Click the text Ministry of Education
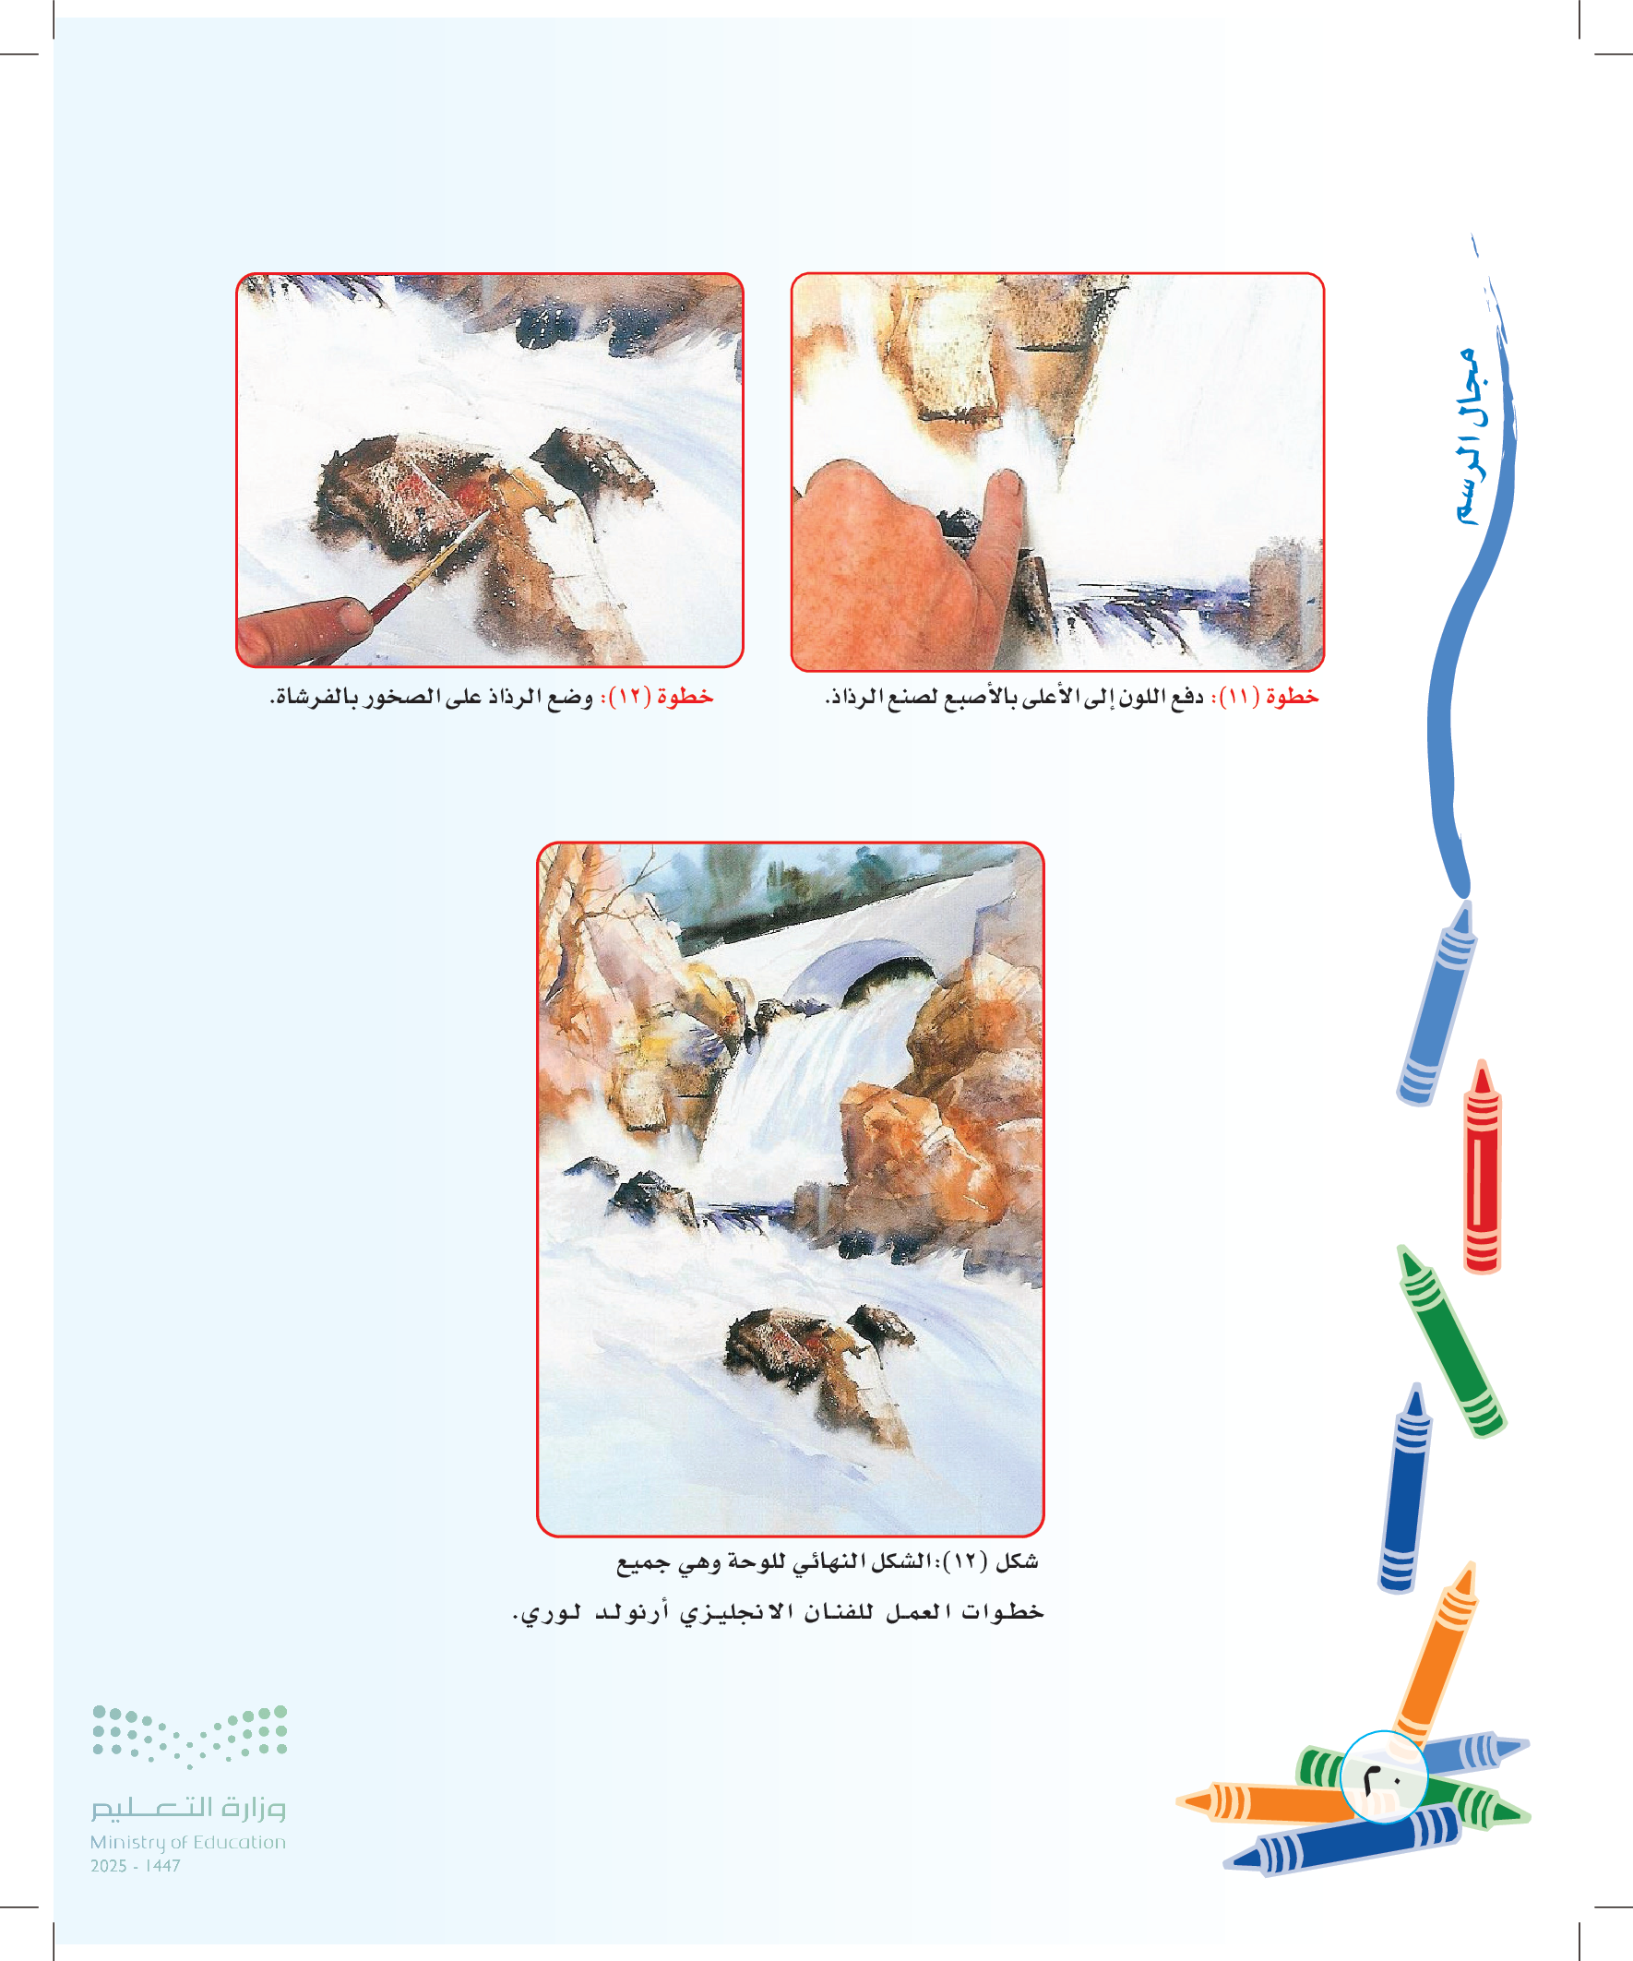click(187, 1842)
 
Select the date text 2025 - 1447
click(136, 1866)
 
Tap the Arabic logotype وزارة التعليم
click(187, 1808)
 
